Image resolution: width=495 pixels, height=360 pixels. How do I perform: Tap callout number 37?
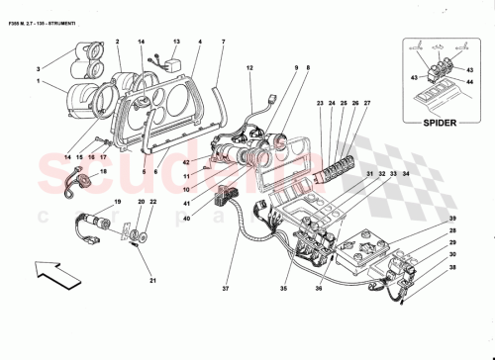[226, 291]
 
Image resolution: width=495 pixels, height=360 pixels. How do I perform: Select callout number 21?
[153, 280]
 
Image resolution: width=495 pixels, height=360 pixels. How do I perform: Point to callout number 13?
[177, 43]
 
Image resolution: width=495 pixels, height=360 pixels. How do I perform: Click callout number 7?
[223, 42]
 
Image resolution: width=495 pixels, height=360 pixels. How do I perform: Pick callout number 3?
[40, 67]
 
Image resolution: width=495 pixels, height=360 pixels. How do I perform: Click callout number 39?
[452, 218]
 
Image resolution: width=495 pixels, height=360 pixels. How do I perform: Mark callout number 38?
[452, 268]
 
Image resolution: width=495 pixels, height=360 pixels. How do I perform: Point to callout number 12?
[250, 67]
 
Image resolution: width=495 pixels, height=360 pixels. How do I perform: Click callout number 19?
[118, 202]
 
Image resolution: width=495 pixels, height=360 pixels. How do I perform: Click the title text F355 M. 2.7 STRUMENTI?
[49, 11]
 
